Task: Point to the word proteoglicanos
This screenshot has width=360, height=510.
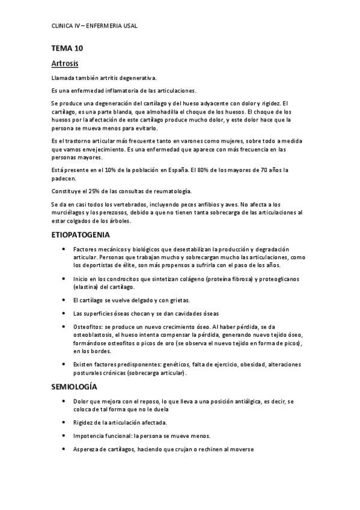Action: [282, 279]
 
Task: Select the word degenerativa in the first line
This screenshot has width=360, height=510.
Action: [138, 78]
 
